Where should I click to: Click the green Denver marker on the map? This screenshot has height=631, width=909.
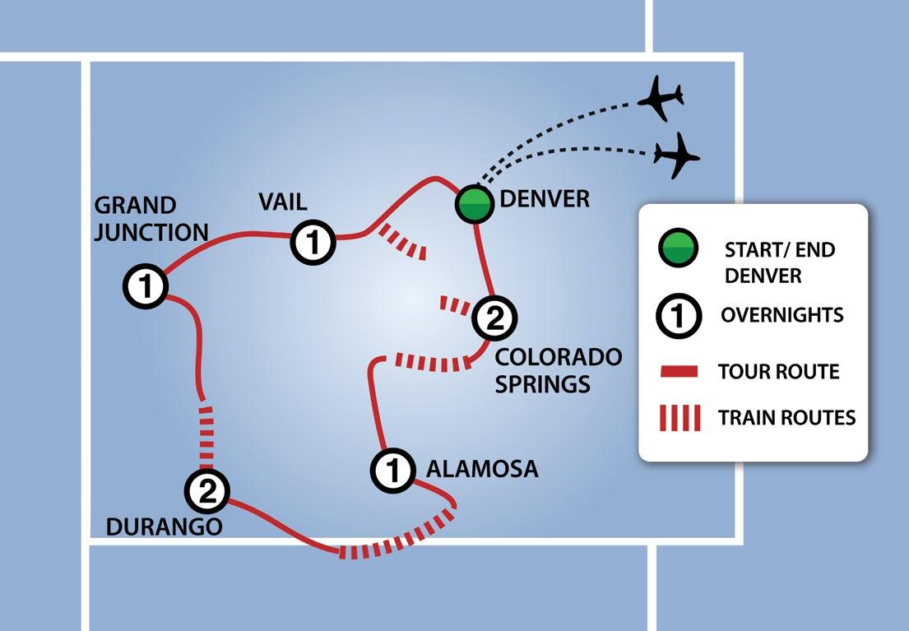point(474,204)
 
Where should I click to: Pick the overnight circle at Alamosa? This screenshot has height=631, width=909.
point(393,471)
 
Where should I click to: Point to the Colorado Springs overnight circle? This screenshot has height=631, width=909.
point(495,318)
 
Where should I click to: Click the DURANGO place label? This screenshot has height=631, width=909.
point(165,527)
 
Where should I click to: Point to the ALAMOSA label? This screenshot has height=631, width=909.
point(482,469)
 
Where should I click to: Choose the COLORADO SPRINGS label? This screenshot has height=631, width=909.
point(558,370)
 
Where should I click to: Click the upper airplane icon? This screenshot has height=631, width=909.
point(661,97)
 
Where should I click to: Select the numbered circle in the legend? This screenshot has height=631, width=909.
point(677,315)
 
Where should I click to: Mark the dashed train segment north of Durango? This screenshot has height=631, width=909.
point(206,432)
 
